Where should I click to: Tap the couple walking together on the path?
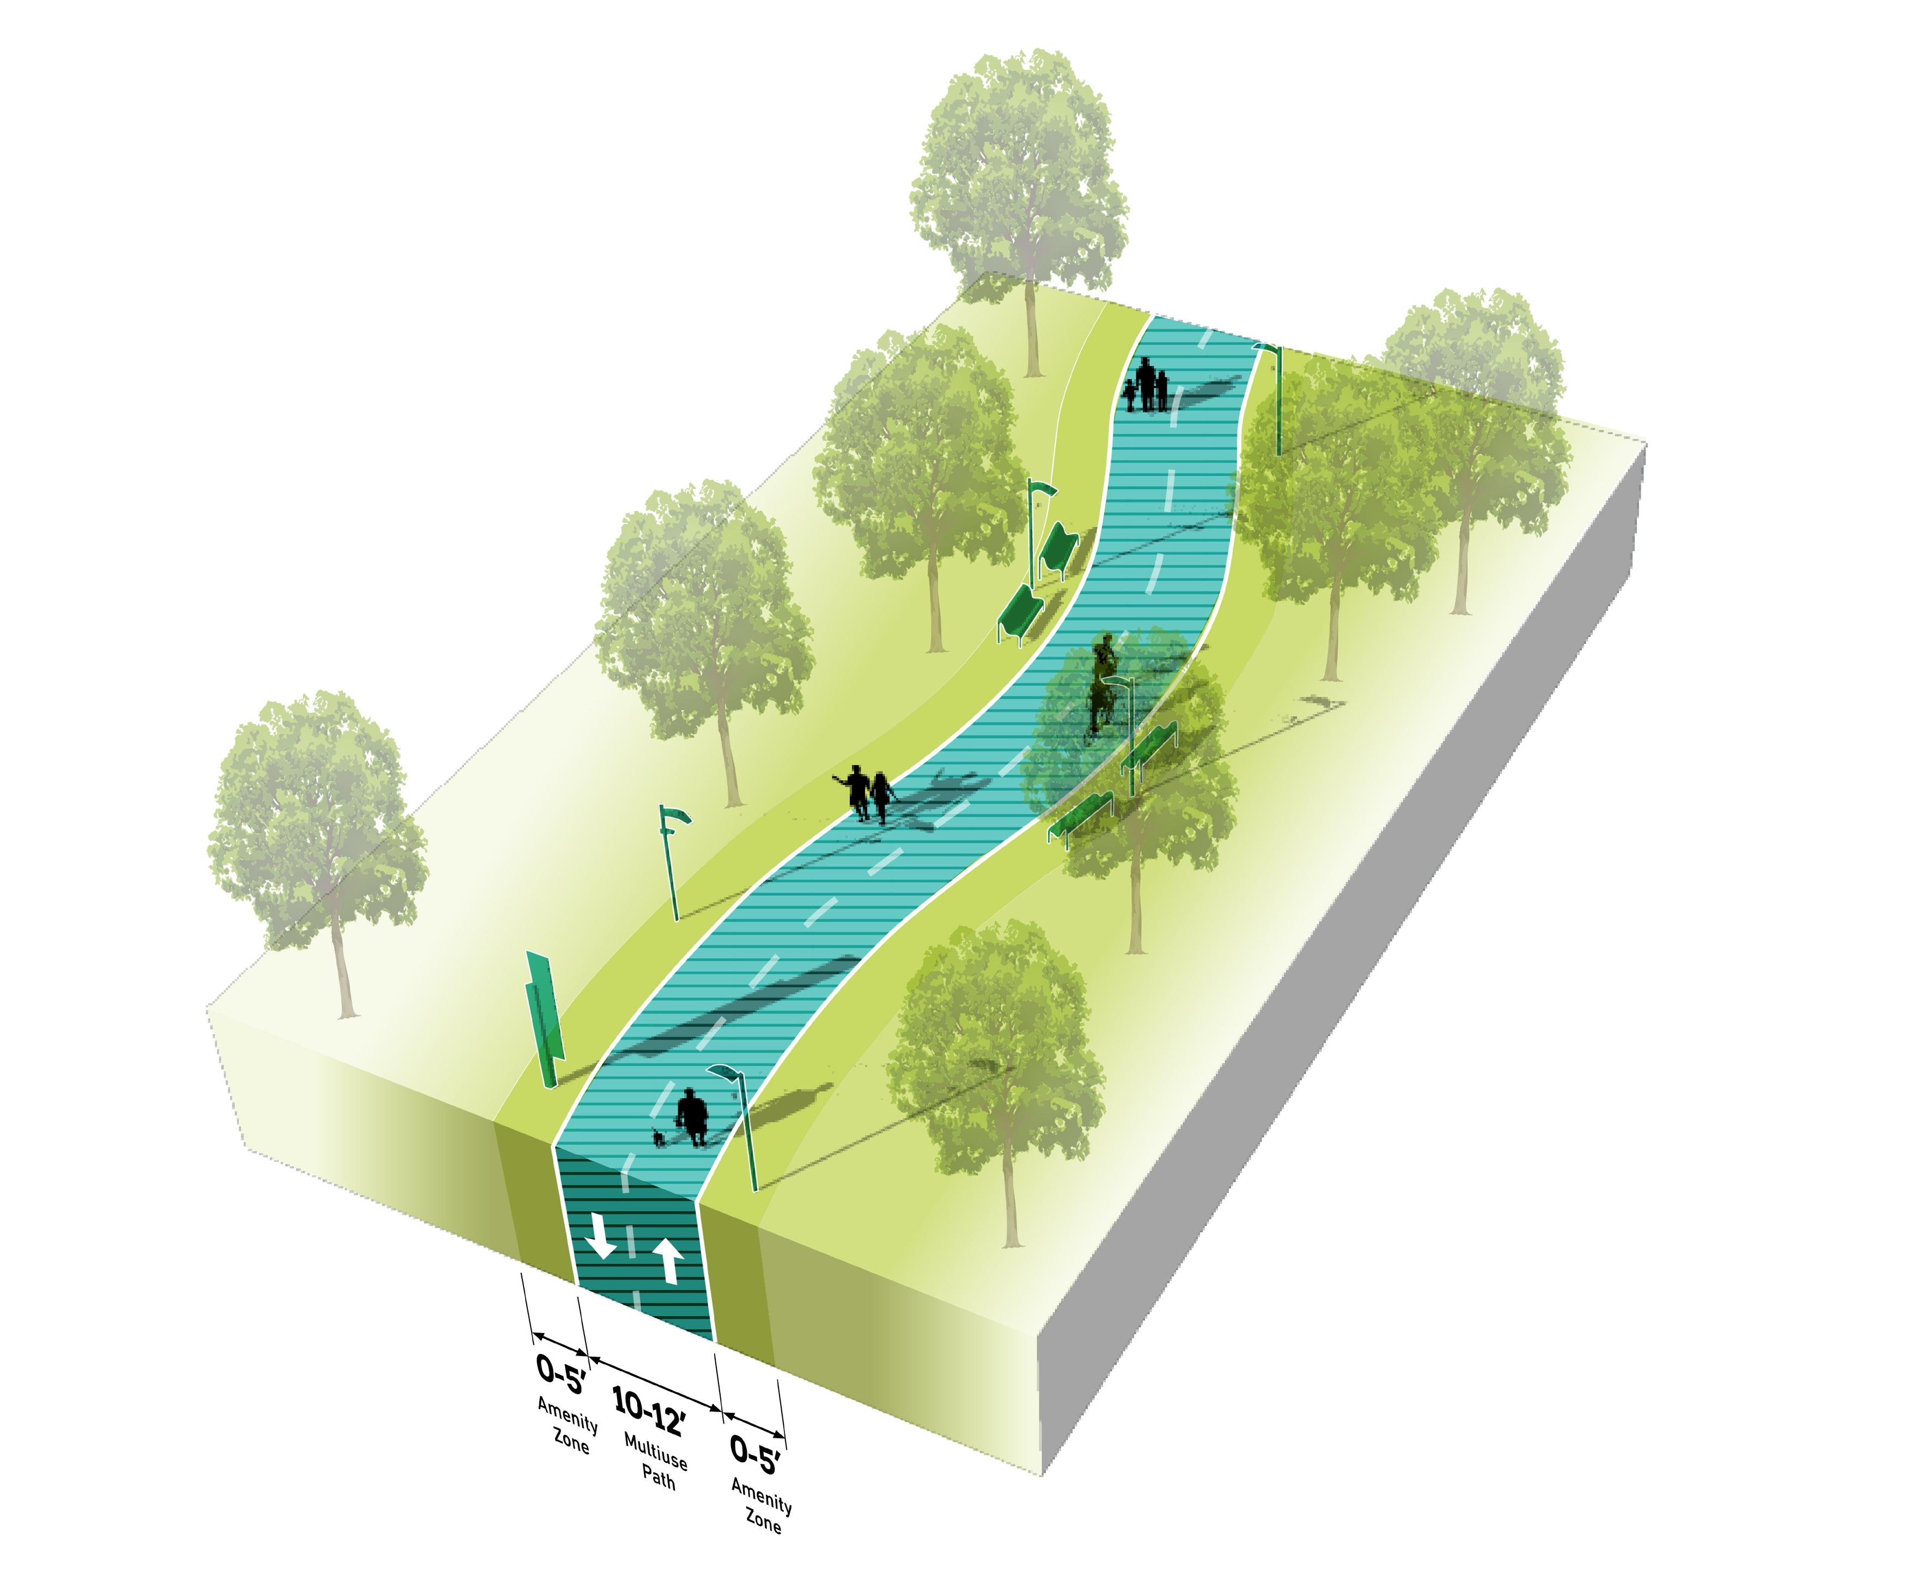(868, 794)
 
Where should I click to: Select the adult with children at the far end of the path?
(1147, 385)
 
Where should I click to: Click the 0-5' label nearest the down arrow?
(561, 1373)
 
